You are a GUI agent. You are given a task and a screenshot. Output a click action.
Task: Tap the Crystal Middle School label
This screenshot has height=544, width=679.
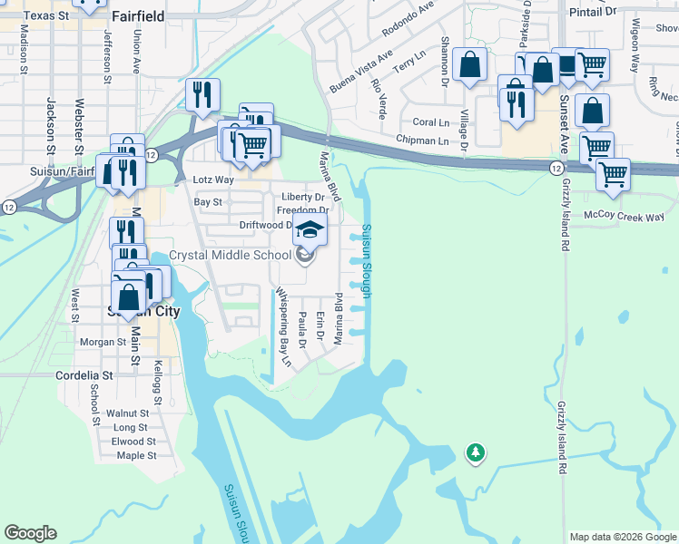point(231,256)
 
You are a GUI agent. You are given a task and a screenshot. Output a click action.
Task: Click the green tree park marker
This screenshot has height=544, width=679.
point(473,452)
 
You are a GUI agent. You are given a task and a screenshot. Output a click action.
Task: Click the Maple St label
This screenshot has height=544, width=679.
point(137,455)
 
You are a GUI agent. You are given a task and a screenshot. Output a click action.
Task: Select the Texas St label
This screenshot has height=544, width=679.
point(46,15)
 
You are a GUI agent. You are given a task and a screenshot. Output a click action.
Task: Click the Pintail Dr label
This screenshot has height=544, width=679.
point(592,12)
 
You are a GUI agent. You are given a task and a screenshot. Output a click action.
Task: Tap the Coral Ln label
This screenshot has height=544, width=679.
point(430,122)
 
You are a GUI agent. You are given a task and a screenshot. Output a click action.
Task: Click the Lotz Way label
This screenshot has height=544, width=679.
point(212,180)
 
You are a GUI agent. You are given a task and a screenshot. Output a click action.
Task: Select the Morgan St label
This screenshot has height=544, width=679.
point(103,342)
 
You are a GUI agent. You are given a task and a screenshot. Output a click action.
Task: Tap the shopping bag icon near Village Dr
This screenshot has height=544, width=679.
point(470,64)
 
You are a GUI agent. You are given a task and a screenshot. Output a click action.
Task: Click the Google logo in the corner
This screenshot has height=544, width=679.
point(30,533)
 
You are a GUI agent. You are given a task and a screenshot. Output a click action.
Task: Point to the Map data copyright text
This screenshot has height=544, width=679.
point(624,537)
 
